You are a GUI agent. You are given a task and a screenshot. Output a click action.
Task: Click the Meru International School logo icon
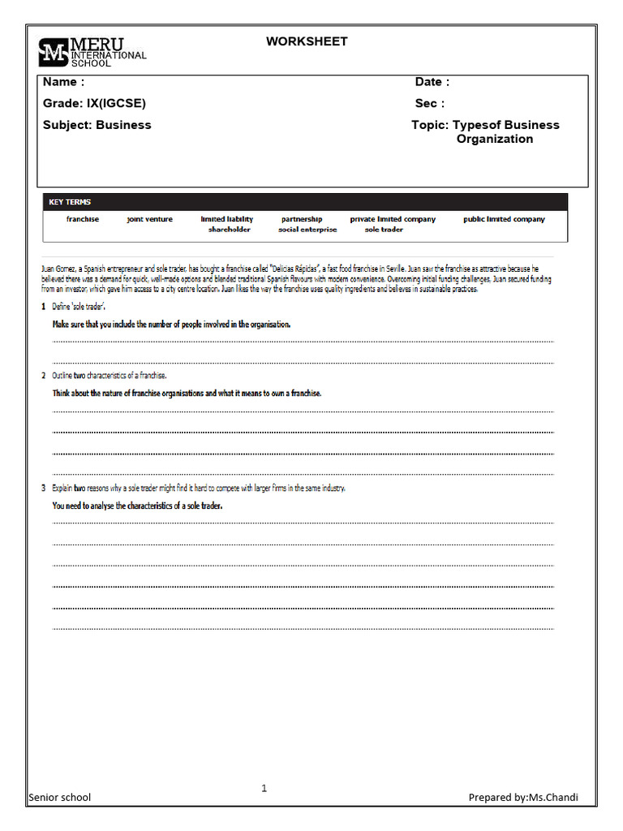[54, 52]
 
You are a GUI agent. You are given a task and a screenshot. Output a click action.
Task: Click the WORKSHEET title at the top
[307, 41]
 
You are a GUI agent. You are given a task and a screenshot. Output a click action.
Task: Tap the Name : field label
[63, 82]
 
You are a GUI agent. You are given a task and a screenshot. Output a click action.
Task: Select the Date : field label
[432, 82]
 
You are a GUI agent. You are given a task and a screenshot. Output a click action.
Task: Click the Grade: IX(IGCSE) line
[94, 103]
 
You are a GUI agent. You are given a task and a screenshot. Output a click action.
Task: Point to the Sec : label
[430, 103]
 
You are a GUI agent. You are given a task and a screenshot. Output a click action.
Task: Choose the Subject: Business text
[97, 125]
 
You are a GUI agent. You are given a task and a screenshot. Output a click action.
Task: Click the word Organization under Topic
[495, 139]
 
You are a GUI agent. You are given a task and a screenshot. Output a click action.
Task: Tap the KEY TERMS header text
[70, 202]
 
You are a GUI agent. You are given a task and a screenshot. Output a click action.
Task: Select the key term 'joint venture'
[149, 219]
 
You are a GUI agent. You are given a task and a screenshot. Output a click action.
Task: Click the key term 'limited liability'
[227, 219]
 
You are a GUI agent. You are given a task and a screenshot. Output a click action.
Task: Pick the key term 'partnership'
[302, 219]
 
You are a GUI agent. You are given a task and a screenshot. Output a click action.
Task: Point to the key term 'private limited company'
[393, 219]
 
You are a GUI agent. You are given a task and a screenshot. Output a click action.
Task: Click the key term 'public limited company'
[504, 219]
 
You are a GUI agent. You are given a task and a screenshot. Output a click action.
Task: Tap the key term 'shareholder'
[230, 230]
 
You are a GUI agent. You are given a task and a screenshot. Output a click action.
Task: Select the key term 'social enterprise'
[307, 230]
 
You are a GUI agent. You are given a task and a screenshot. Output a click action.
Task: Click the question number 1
[44, 306]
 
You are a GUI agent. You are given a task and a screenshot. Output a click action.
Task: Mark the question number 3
[44, 488]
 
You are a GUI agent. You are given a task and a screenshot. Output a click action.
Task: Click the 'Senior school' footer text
[59, 797]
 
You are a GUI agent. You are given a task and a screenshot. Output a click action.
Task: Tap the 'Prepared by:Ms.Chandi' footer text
[523, 797]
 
